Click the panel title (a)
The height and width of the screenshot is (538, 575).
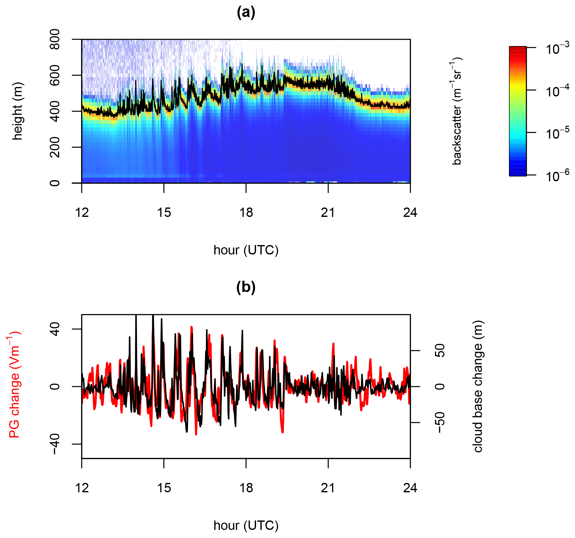(246, 13)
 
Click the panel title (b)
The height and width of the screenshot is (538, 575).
(246, 287)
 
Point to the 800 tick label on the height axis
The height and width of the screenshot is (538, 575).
(55, 39)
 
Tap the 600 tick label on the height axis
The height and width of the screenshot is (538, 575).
(55, 75)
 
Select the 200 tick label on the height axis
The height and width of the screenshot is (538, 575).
(55, 147)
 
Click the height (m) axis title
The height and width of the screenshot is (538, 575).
(18, 111)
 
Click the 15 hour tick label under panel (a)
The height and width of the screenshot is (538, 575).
(164, 213)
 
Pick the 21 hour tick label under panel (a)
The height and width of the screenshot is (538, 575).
(328, 213)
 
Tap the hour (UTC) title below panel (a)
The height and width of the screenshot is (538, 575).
(246, 250)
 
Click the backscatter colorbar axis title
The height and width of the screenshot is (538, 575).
(457, 111)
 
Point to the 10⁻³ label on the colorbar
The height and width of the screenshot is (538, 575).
(557, 49)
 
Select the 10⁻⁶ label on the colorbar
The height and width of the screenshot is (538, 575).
(557, 176)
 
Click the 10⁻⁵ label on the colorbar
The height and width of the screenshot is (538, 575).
(557, 134)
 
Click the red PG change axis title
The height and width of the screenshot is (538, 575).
(14, 386)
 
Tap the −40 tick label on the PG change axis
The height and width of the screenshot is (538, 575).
(55, 444)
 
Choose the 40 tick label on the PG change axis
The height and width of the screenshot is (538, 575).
(55, 329)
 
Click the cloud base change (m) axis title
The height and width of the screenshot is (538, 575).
(478, 386)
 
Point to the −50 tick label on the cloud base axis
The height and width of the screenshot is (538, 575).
(440, 423)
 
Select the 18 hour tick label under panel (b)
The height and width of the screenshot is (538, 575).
(246, 488)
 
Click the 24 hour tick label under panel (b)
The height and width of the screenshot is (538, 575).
(410, 488)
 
